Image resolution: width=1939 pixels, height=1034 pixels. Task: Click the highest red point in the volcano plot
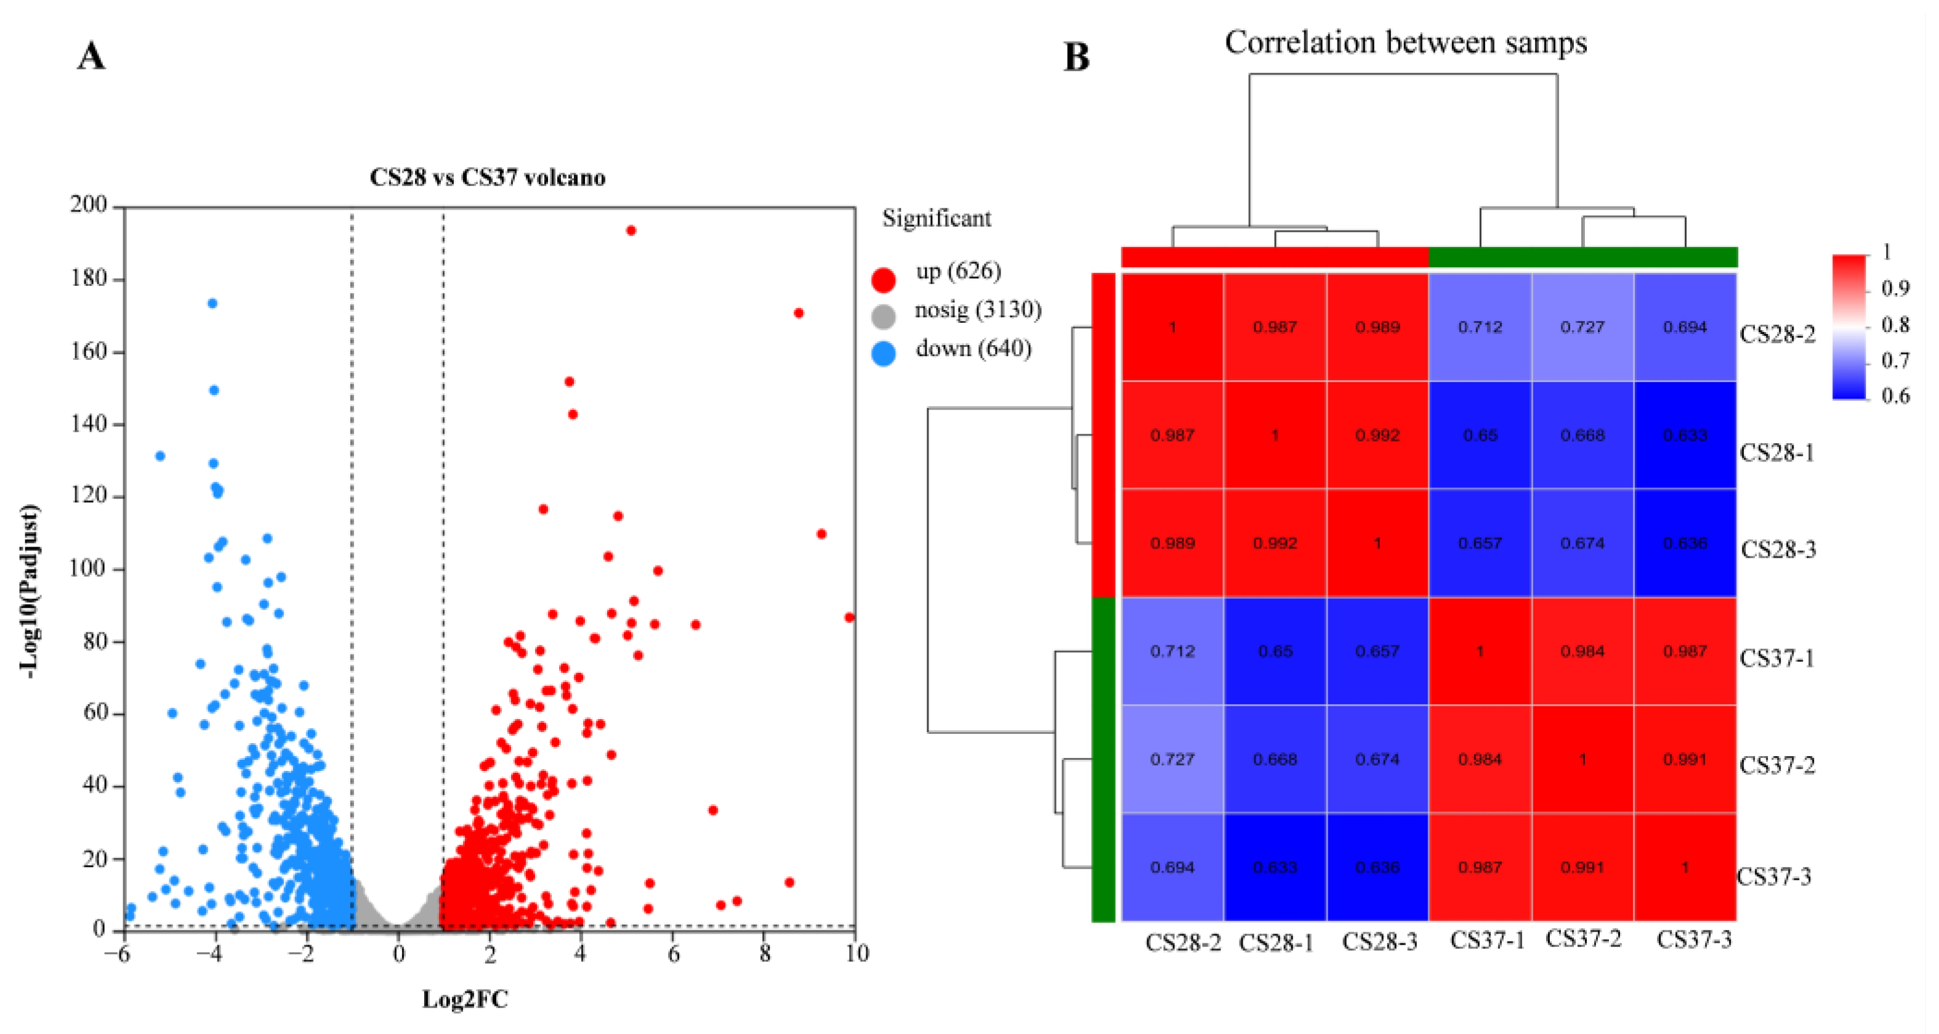(631, 230)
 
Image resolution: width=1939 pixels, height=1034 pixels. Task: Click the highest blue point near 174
(212, 304)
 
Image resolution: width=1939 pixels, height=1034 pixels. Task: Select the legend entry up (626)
(957, 271)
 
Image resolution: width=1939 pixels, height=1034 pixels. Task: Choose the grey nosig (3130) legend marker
(883, 316)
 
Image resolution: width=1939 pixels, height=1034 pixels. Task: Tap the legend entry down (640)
(972, 349)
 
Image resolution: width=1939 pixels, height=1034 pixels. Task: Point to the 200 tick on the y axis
(89, 205)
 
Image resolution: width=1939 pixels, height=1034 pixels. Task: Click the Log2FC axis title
(464, 999)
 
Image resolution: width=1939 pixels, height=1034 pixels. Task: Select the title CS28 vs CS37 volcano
(487, 177)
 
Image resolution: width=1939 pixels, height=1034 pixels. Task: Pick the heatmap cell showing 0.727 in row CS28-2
(1582, 327)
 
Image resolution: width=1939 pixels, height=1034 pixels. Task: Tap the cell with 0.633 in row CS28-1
(1685, 435)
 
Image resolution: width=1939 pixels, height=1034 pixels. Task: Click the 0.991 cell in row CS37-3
(1582, 867)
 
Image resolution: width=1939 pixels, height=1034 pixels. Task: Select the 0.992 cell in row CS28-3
(1275, 543)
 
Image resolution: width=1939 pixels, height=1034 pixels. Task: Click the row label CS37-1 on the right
(1776, 658)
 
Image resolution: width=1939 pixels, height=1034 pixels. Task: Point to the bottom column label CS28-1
(1276, 942)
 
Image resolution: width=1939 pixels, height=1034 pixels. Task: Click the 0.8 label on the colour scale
(1895, 325)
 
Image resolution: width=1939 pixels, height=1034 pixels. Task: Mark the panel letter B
(1076, 57)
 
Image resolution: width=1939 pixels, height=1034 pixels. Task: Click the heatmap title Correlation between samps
(1405, 43)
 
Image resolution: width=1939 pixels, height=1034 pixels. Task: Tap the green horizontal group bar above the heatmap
(1583, 257)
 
